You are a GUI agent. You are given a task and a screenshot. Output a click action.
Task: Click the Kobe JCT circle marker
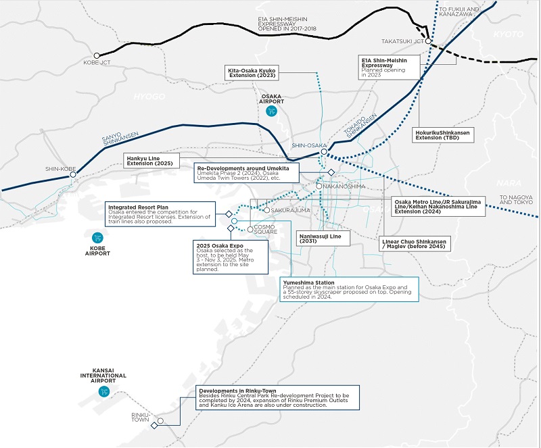pos(97,55)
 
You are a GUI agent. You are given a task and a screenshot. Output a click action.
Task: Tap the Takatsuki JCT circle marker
pos(428,41)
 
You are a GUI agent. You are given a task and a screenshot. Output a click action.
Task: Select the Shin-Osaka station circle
pos(324,152)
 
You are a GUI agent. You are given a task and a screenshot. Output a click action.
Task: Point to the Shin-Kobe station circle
pos(73,175)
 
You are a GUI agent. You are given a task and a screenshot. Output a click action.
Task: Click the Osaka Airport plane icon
pos(272,111)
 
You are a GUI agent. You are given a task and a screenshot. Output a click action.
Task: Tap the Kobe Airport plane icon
pos(97,238)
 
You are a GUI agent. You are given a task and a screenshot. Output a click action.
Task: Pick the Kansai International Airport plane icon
pos(104,391)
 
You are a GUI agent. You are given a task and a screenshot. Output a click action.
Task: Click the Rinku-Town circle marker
pos(160,421)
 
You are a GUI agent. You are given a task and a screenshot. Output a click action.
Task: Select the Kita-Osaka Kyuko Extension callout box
pos(252,73)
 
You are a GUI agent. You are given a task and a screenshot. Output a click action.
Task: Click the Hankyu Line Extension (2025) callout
pos(151,161)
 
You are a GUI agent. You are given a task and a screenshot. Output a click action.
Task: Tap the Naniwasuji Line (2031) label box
pos(323,239)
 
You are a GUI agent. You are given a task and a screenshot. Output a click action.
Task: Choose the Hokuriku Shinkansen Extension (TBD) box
pos(443,135)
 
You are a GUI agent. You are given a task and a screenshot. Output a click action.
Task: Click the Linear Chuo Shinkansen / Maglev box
pos(415,244)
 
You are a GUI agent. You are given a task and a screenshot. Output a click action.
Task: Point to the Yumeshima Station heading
pos(308,282)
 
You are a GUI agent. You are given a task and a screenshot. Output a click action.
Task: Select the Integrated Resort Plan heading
pos(139,207)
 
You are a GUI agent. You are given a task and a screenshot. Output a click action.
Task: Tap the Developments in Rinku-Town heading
pos(238,391)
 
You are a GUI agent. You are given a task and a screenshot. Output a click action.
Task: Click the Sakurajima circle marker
pos(266,210)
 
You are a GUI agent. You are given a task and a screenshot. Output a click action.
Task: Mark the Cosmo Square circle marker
pos(250,229)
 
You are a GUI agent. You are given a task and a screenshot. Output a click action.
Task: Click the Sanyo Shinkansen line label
pos(120,139)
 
